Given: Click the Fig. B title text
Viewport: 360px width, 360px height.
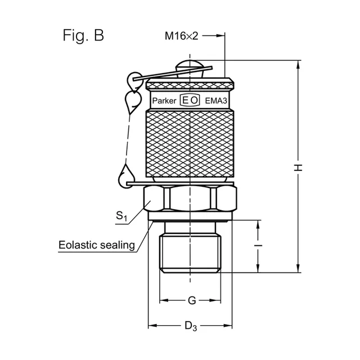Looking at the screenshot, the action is pyautogui.click(x=83, y=35).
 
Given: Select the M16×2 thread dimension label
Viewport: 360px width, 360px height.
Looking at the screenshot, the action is pyautogui.click(x=181, y=36).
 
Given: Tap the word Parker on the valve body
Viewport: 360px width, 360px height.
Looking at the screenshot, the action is pyautogui.click(x=164, y=101).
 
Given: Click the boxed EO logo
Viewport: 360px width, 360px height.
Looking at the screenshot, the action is pyautogui.click(x=190, y=100).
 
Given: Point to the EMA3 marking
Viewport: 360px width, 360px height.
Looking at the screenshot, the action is pyautogui.click(x=216, y=101).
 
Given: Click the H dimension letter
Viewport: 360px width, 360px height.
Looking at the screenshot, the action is pyautogui.click(x=298, y=168).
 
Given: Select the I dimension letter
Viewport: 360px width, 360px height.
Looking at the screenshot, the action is pyautogui.click(x=258, y=246).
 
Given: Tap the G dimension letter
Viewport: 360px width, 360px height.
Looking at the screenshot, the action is pyautogui.click(x=192, y=300).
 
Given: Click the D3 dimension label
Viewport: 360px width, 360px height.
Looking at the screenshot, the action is pyautogui.click(x=191, y=326).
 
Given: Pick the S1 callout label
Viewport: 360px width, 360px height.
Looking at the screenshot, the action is pyautogui.click(x=121, y=216).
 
